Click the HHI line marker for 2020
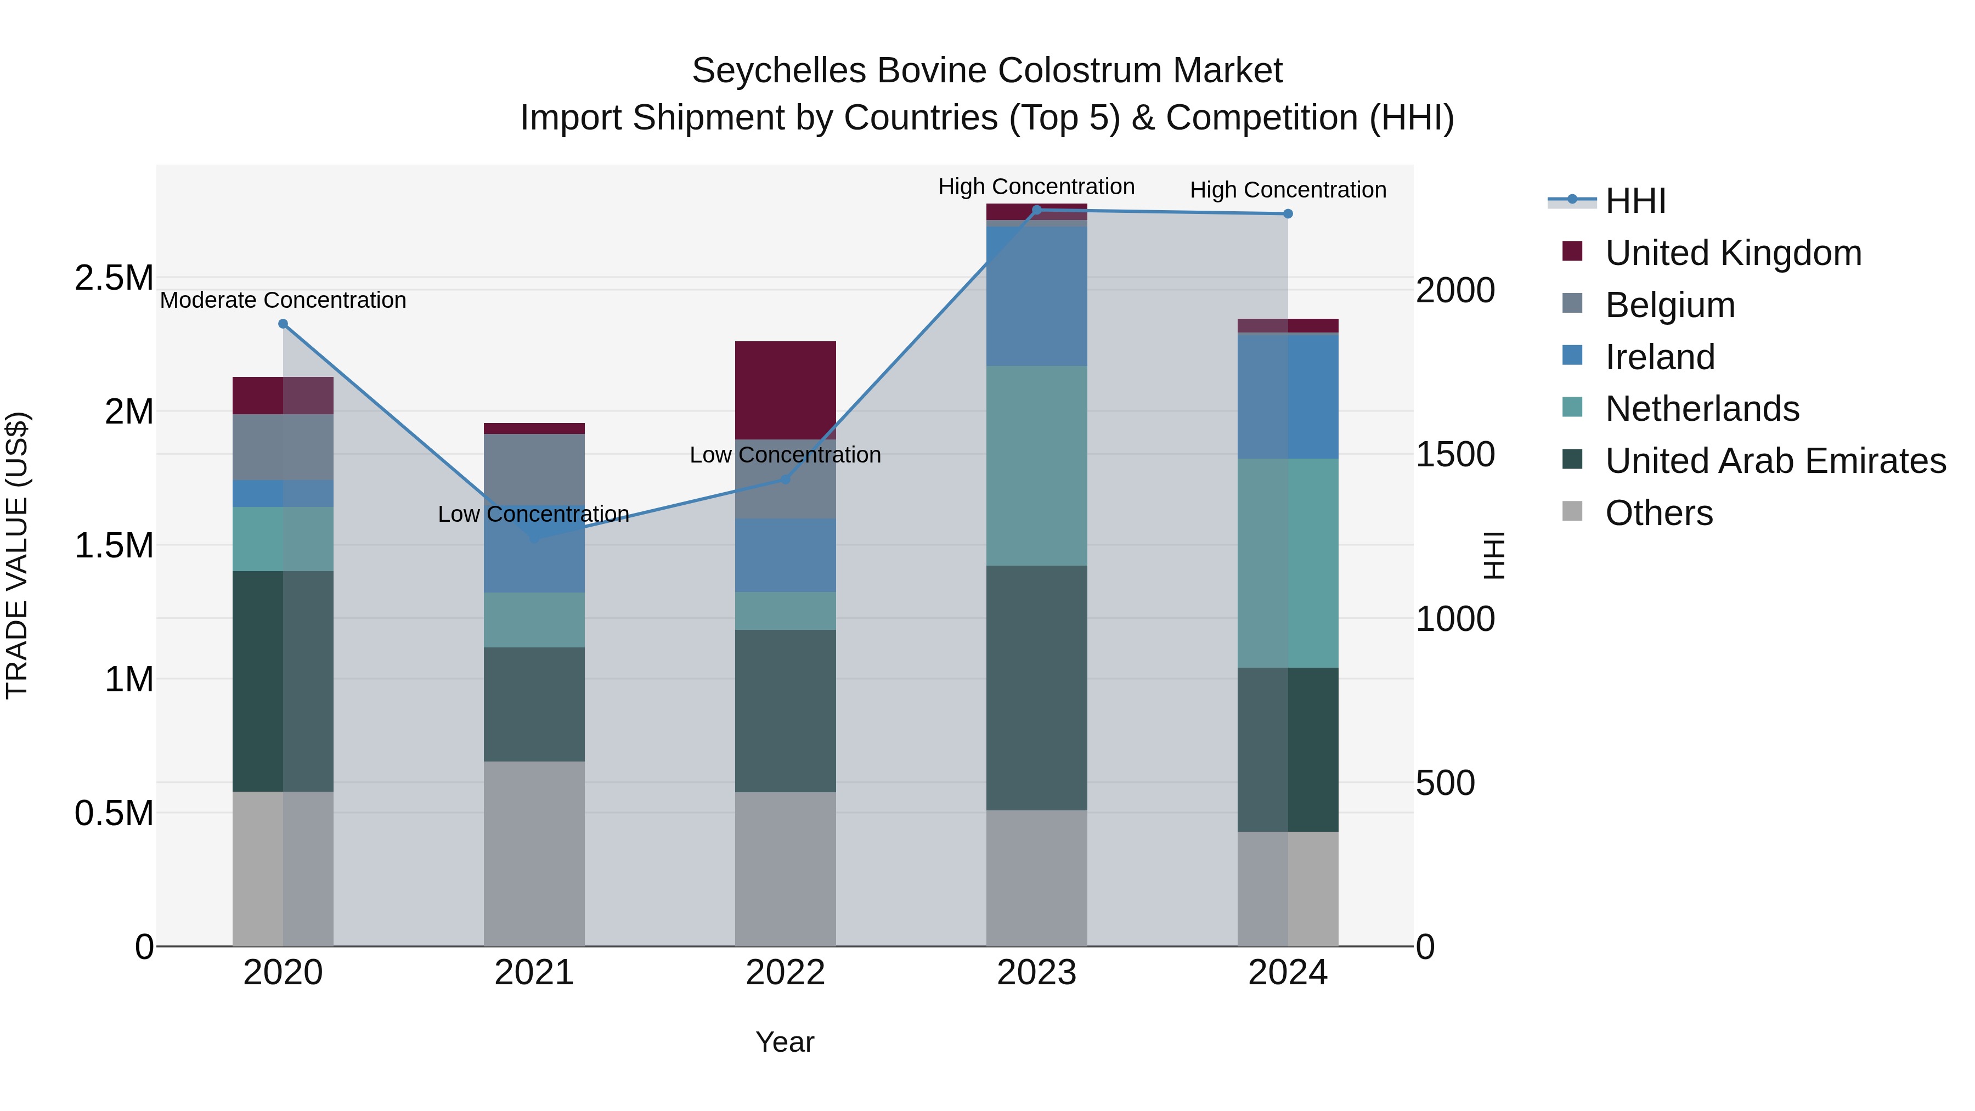tap(283, 324)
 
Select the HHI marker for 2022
tap(785, 479)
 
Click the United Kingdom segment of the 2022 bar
tap(785, 390)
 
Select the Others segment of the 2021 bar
tap(534, 853)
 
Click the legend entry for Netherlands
tap(1701, 409)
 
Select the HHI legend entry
tap(1635, 201)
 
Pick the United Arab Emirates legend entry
tap(1775, 461)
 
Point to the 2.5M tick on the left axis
tap(114, 278)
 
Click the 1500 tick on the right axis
tap(1454, 454)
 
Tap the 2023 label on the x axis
tap(1036, 973)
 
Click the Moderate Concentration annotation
tap(283, 300)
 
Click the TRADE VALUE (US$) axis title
tap(17, 555)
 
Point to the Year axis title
tap(785, 1042)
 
